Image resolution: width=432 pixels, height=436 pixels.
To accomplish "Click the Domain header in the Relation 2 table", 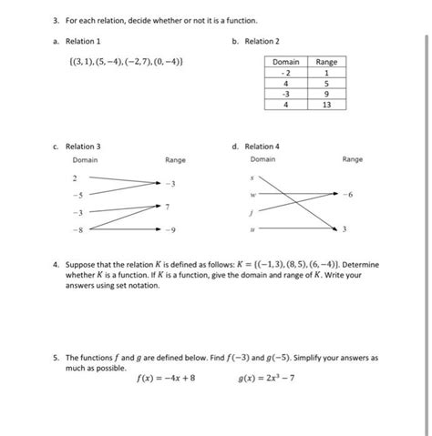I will point(285,62).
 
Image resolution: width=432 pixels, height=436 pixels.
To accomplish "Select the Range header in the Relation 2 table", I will point(325,62).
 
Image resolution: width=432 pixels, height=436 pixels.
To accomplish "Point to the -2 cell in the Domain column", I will point(285,73).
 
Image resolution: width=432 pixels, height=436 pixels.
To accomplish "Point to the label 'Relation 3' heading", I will point(86,146).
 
